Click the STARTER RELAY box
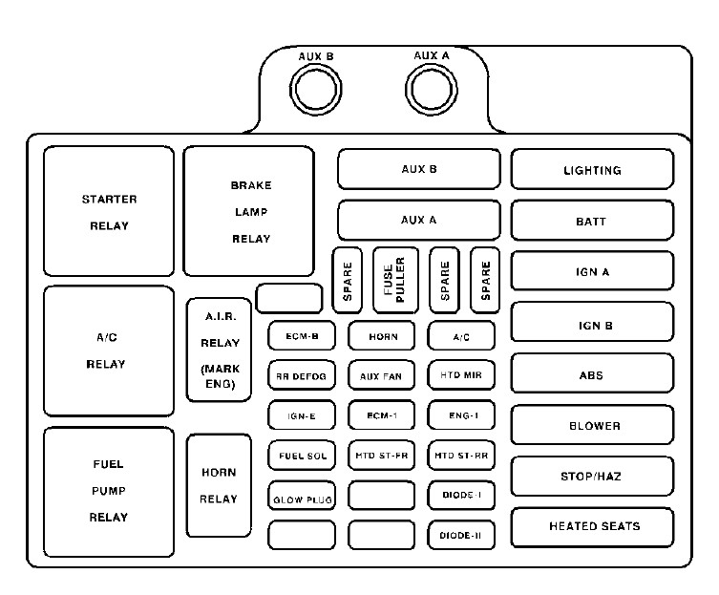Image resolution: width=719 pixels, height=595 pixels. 109,212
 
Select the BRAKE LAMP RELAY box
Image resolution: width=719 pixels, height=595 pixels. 249,212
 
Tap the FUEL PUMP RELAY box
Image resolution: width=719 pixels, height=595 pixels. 109,491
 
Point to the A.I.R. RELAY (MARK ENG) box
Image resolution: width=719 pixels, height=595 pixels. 220,350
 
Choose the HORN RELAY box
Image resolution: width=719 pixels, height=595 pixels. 219,485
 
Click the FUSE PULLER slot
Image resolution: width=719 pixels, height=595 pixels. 395,280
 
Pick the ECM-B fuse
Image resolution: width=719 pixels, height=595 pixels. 301,336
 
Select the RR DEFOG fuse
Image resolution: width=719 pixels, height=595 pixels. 301,376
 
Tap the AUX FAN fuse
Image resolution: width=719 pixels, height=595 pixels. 381,376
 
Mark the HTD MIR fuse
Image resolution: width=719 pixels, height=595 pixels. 461,376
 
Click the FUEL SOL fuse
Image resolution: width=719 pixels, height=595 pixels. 301,456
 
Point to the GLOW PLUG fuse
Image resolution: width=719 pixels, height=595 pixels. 301,497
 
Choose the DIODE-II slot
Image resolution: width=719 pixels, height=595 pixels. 461,536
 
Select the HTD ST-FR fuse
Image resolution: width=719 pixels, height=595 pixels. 381,456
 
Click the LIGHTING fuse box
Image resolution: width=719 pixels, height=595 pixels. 592,170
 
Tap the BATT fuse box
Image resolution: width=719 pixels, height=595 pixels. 592,221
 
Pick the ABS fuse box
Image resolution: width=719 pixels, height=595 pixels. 592,374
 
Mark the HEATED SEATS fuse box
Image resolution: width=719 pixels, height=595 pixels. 592,526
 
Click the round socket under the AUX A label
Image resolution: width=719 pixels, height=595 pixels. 434,92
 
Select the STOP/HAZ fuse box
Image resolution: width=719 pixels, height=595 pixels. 592,476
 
